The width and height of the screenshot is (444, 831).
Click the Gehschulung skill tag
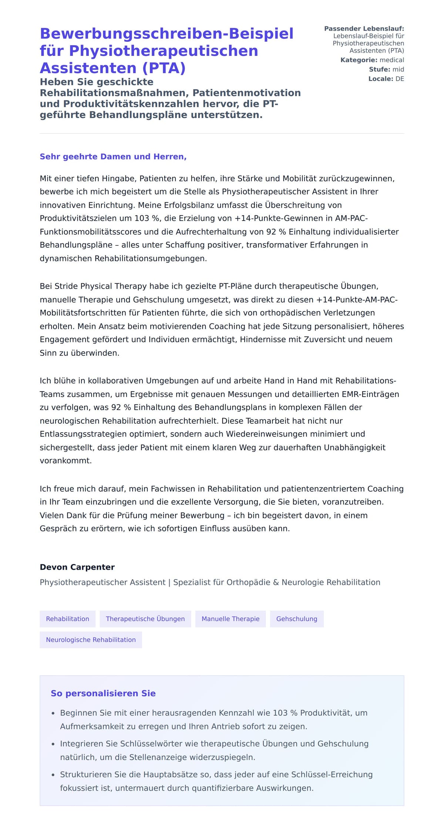296,619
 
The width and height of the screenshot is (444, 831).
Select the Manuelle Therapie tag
230,619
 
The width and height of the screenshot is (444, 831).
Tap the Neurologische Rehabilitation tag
91,640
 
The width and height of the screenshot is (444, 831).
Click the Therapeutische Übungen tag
145,619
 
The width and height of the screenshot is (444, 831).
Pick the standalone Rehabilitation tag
67,619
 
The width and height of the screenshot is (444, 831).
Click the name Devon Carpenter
77,567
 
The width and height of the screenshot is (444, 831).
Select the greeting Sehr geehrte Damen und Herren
113,157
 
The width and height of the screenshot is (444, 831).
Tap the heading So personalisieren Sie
103,693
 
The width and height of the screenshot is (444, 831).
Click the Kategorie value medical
392,60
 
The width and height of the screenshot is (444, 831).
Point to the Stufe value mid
398,69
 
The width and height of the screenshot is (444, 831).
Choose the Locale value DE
400,79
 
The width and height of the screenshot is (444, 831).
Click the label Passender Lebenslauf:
364,28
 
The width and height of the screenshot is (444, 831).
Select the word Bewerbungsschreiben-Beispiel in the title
166,34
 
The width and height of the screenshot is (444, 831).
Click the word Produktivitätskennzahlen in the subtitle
150,104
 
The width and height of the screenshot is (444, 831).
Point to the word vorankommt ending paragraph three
65,461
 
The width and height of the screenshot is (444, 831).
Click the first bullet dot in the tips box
53,713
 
